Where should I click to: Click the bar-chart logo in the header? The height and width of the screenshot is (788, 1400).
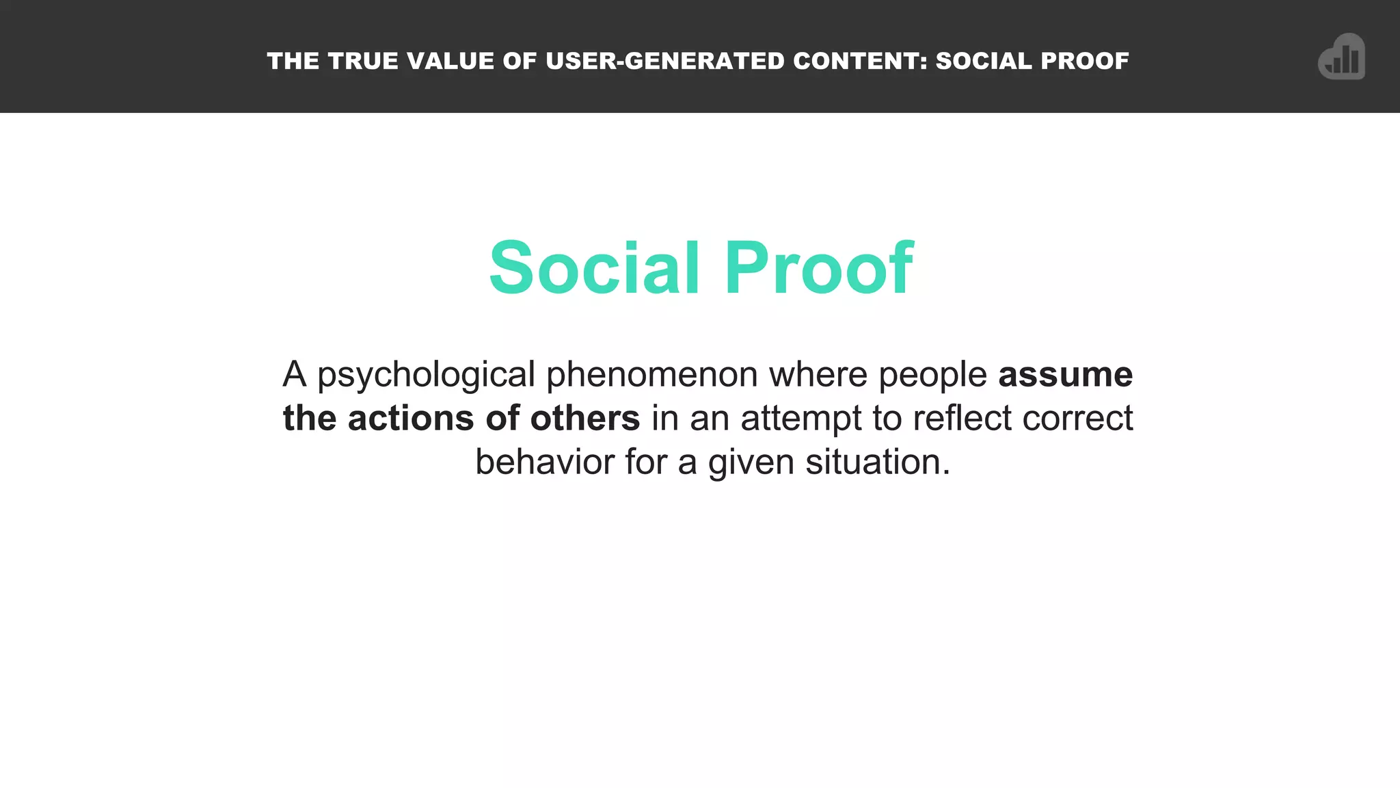(x=1341, y=57)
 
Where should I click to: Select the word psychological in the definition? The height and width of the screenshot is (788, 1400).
(x=426, y=376)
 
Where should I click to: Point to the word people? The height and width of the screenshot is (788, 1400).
(x=932, y=376)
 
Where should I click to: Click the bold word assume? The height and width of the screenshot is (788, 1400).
(x=1065, y=375)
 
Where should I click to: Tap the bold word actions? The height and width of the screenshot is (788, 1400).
(x=411, y=418)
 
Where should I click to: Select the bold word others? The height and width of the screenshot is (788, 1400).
(x=585, y=418)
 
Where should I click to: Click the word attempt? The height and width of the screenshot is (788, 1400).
(x=801, y=419)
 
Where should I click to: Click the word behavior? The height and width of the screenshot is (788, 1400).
(x=545, y=462)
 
